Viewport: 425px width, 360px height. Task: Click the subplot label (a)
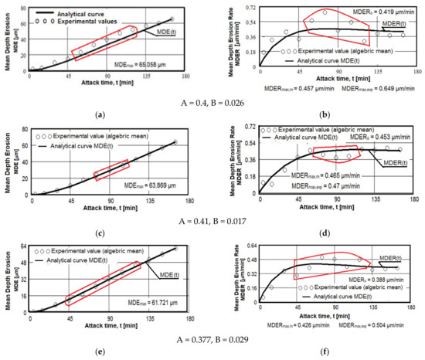click(98, 114)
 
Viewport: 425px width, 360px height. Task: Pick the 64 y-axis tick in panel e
click(20, 247)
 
